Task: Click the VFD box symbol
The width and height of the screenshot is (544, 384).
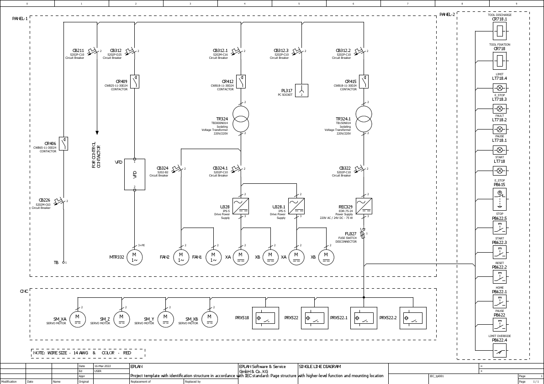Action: pos(135,174)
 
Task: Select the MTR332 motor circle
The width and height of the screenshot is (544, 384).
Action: pos(135,257)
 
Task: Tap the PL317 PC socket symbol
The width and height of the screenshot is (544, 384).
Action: pos(301,90)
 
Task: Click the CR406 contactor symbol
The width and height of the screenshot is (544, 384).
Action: pos(63,144)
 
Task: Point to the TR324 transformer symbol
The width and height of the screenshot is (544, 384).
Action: pos(241,119)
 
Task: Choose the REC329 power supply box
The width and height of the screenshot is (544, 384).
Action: pos(364,206)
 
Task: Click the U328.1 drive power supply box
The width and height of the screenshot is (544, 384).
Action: pos(296,206)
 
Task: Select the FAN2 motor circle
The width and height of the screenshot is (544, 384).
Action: pos(181,257)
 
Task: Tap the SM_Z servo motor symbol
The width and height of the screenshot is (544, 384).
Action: pos(121,319)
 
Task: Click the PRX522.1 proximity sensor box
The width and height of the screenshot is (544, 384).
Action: pos(364,318)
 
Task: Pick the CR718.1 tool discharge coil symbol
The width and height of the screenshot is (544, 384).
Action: pos(500,31)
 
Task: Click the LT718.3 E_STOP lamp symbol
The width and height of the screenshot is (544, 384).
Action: pos(500,109)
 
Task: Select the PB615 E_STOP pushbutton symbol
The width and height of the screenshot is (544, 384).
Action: pos(500,199)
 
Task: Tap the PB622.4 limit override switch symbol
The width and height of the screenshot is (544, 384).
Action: pos(500,350)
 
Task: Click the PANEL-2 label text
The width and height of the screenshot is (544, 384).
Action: pos(447,15)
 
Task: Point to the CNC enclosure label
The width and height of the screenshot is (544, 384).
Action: pos(24,291)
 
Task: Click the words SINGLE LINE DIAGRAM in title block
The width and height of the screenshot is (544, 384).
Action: pos(320,367)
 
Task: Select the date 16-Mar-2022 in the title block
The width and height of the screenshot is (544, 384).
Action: pos(102,366)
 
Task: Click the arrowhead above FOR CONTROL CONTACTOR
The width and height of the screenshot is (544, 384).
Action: pos(97,133)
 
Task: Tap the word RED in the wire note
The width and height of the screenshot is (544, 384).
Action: pos(127,353)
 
